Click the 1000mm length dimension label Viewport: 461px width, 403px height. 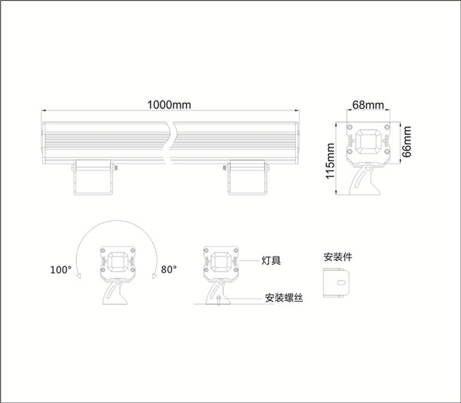pyautogui.click(x=169, y=105)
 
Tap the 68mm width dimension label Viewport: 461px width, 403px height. pyautogui.click(x=368, y=105)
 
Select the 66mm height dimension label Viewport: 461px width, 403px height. pyautogui.click(x=407, y=141)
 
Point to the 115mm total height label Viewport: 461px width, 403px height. pyautogui.click(x=330, y=160)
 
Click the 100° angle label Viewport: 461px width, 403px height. pyautogui.click(x=61, y=269)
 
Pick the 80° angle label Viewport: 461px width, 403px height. pyautogui.click(x=169, y=269)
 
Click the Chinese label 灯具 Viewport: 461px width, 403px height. pyautogui.click(x=271, y=260)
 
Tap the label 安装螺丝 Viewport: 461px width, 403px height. pyautogui.click(x=284, y=298)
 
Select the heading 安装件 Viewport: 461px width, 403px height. pyautogui.click(x=338, y=256)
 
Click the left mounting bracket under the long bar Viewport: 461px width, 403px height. pyautogui.click(x=94, y=177)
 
